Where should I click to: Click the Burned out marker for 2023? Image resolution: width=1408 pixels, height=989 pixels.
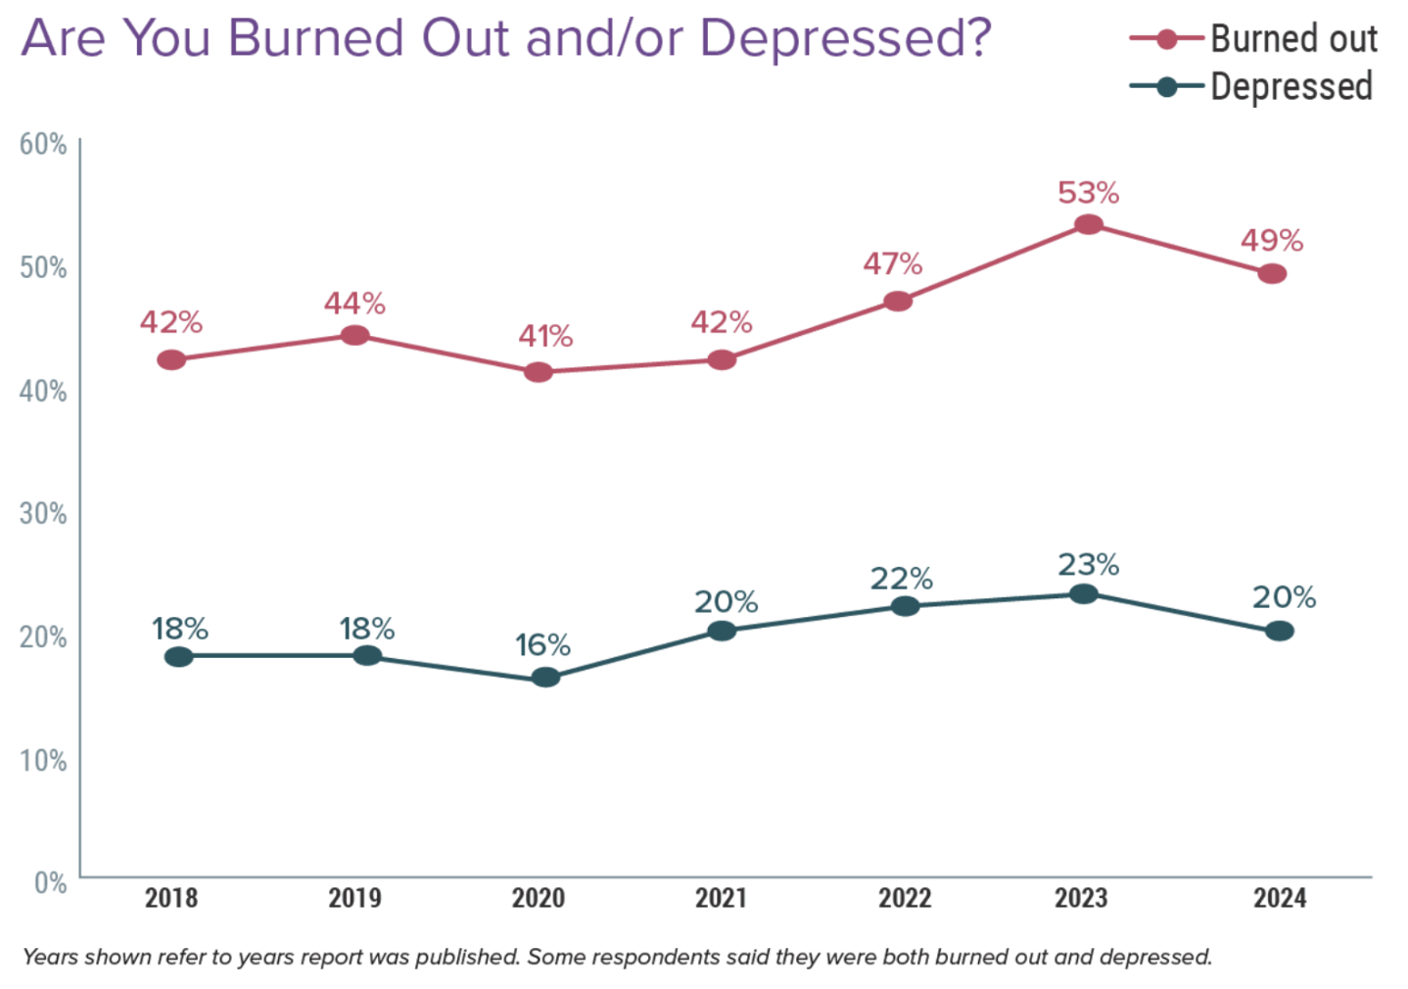pyautogui.click(x=1088, y=225)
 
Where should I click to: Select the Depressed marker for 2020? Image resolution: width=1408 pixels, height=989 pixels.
pyautogui.click(x=545, y=678)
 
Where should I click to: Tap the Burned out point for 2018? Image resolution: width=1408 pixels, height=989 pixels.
pyautogui.click(x=171, y=360)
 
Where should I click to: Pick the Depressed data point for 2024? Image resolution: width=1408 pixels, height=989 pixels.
pyautogui.click(x=1279, y=632)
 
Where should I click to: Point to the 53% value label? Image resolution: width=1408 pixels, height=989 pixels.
pyautogui.click(x=1088, y=193)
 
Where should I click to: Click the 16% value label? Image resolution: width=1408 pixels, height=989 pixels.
pyautogui.click(x=543, y=645)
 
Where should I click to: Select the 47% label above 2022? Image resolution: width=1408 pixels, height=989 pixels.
pyautogui.click(x=892, y=264)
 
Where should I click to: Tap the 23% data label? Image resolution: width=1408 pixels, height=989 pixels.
pyautogui.click(x=1088, y=565)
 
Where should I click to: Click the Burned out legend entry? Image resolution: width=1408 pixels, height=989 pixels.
pyautogui.click(x=1292, y=39)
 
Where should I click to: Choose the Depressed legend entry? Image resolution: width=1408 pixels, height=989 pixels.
pyautogui.click(x=1291, y=87)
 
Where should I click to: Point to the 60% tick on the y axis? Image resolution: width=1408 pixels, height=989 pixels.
pyautogui.click(x=43, y=145)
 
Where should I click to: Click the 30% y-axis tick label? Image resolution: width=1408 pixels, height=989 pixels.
pyautogui.click(x=43, y=514)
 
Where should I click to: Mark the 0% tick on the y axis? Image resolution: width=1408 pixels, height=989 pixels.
pyautogui.click(x=50, y=883)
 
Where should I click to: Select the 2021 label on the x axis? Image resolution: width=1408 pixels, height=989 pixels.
pyautogui.click(x=721, y=898)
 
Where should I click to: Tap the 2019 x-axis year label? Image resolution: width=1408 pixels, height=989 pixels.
pyautogui.click(x=354, y=898)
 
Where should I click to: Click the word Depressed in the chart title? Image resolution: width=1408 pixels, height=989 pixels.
pyautogui.click(x=845, y=39)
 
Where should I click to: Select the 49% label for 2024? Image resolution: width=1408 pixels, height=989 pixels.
pyautogui.click(x=1272, y=241)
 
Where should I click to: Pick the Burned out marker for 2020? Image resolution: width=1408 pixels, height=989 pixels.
pyautogui.click(x=538, y=372)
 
